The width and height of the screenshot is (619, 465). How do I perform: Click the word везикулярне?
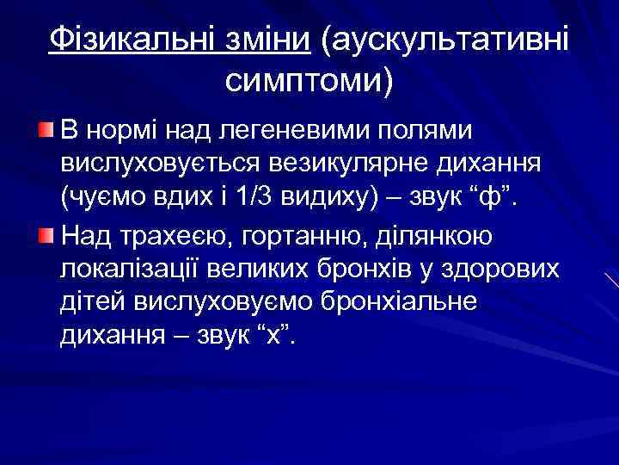348,165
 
